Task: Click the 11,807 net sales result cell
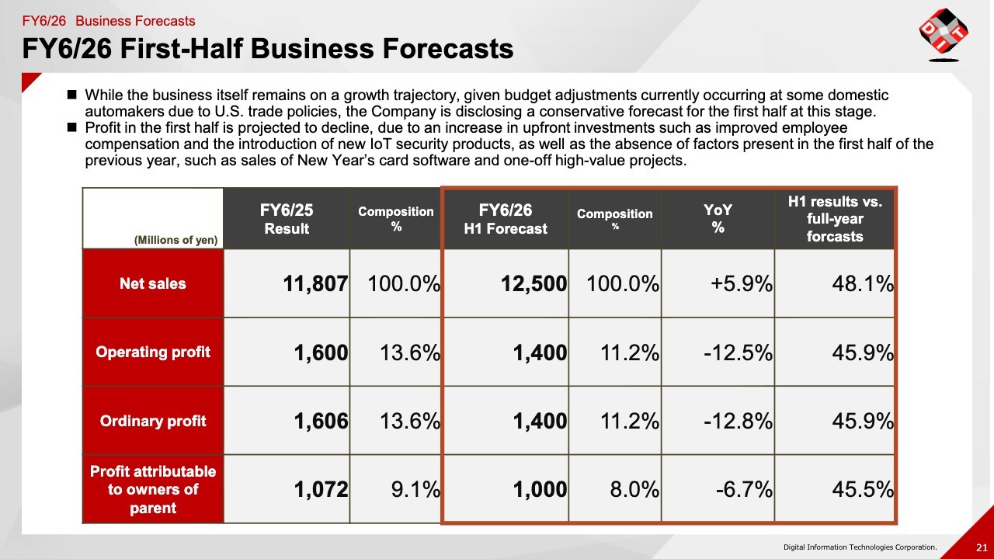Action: coord(315,284)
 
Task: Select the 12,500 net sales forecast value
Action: coord(534,284)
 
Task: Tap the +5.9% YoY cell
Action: coord(742,284)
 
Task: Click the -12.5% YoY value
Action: coord(738,353)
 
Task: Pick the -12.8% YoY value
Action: coord(738,421)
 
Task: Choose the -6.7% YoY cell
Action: coord(743,490)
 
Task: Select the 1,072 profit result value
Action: coord(321,490)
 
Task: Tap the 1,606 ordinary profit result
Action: coord(321,421)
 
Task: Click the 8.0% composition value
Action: coord(635,490)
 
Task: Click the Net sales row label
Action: coord(153,283)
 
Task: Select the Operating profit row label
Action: coord(153,352)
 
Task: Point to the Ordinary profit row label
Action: coord(153,421)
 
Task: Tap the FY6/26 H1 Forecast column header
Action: coord(506,219)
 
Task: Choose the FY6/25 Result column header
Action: coord(287,219)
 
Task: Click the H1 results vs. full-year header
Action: coord(835,219)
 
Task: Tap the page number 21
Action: coord(982,547)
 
